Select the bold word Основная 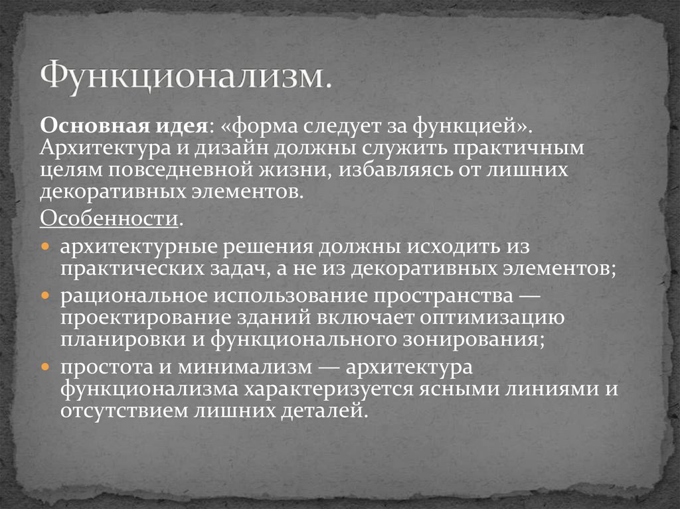(78, 125)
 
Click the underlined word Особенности (110, 218)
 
